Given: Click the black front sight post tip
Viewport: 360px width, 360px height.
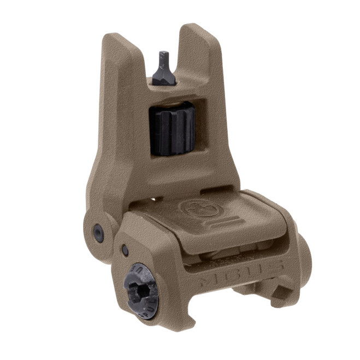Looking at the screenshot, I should click(x=163, y=56).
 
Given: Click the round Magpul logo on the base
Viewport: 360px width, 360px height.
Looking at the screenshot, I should click(x=195, y=209).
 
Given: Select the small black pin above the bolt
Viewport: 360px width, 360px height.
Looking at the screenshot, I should click(x=126, y=250).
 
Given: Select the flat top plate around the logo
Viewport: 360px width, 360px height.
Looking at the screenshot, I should click(x=219, y=219).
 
